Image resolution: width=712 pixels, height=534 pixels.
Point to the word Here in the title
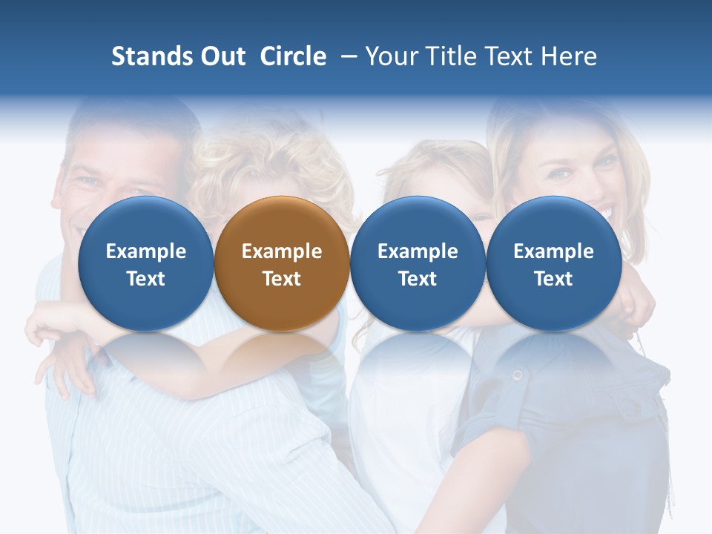(569, 56)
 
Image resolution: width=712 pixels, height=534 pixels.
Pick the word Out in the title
(221, 56)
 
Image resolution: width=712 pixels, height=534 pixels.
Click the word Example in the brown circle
(282, 251)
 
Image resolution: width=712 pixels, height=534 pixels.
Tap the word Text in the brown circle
(282, 279)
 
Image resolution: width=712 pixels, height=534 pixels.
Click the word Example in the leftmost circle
(145, 251)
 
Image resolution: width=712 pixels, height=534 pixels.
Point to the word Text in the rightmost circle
(554, 279)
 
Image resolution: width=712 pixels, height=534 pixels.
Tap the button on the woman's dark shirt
(518, 375)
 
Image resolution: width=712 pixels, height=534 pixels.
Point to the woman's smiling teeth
(602, 214)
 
